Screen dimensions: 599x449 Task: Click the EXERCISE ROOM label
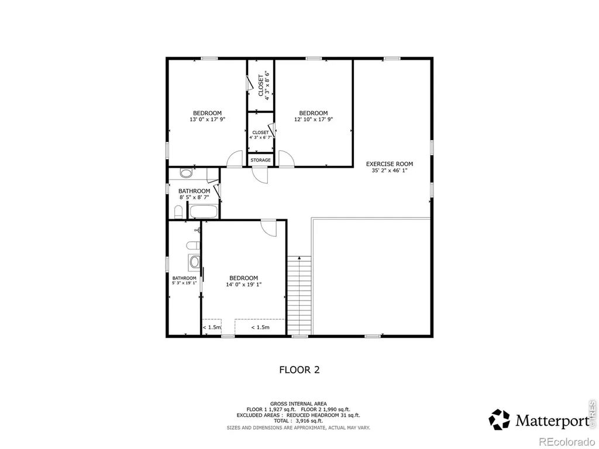coord(389,164)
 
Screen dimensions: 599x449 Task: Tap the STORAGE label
coord(260,160)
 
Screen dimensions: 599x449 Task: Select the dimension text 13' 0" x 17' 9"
coord(208,119)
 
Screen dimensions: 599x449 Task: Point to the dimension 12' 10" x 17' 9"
coord(314,119)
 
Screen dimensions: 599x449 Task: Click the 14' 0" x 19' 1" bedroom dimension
coord(244,285)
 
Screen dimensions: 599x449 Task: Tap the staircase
coord(299,296)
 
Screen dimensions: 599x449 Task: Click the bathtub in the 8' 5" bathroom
coord(204,212)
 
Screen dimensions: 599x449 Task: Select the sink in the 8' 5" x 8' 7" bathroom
coord(186,173)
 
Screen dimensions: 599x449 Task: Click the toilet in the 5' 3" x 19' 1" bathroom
coord(193,245)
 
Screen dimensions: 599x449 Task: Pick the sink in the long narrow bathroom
coord(194,262)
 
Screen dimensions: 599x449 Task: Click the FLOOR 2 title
coord(299,369)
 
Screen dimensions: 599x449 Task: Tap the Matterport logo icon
coord(500,419)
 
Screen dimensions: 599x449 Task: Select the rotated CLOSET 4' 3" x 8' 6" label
coord(264,85)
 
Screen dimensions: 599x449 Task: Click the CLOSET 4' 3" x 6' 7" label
coord(260,135)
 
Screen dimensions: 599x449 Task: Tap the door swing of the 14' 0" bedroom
coord(268,228)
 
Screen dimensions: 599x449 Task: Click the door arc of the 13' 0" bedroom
coord(235,159)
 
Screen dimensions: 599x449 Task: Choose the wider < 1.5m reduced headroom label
coord(260,327)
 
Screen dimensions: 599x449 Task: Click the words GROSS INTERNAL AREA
coord(298,403)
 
